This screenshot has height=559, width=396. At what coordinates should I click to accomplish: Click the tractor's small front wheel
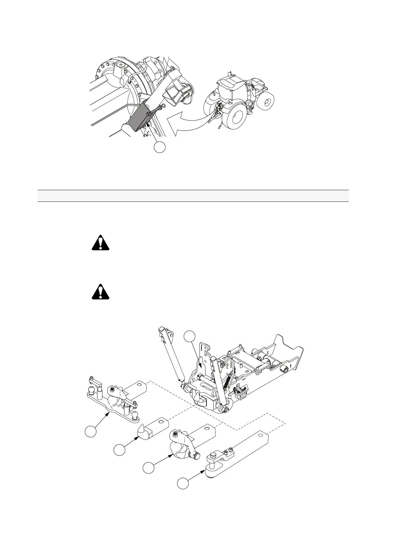tap(267, 101)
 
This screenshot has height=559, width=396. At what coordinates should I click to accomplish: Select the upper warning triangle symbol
tap(101, 243)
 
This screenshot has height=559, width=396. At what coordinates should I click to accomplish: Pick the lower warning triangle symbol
tap(101, 292)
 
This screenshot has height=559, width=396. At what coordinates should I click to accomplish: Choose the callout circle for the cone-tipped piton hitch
tap(119, 450)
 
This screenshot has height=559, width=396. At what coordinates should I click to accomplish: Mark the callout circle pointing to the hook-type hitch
tap(149, 468)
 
